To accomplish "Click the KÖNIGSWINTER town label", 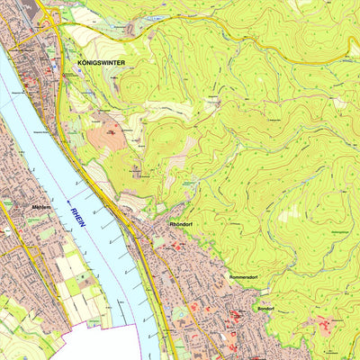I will coord(102,63).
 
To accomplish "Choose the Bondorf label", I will coord(265,309).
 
